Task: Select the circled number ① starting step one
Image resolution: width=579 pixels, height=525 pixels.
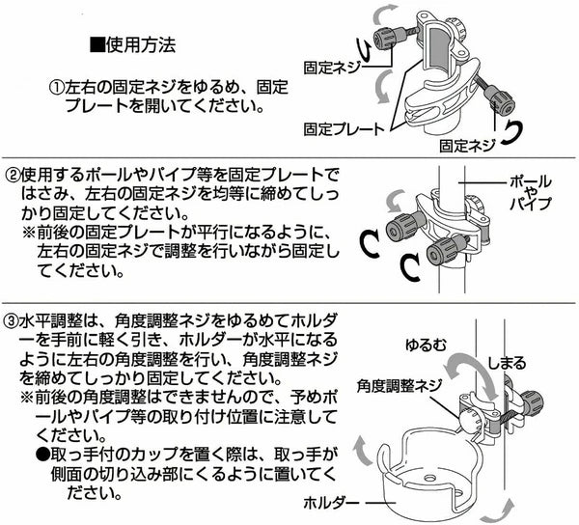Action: [x=57, y=86]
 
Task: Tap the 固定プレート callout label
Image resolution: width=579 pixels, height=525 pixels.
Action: [x=344, y=127]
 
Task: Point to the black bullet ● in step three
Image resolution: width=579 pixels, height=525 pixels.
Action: [x=43, y=453]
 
